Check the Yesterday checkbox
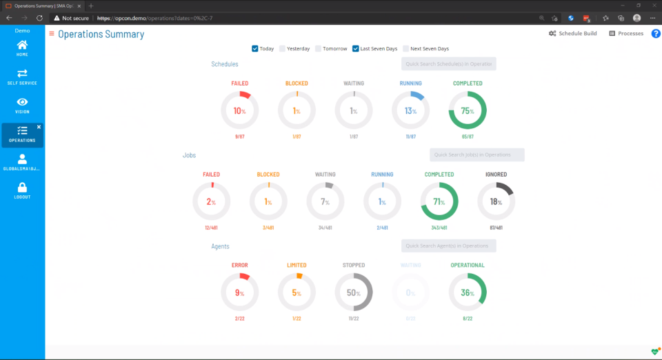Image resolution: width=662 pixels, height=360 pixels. click(x=283, y=49)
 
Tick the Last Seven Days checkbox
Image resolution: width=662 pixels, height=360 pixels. click(x=356, y=49)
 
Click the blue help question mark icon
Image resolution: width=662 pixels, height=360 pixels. click(x=656, y=33)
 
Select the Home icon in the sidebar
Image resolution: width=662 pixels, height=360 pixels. click(x=22, y=46)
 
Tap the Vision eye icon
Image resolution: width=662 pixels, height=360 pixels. click(x=22, y=103)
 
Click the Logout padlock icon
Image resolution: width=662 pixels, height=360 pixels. click(x=22, y=188)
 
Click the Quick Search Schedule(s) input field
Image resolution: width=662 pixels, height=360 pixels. click(x=448, y=64)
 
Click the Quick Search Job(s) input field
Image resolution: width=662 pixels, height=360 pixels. click(x=477, y=155)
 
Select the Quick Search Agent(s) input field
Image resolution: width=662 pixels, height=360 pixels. click(x=448, y=246)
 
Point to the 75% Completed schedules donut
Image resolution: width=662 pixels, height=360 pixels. click(x=468, y=111)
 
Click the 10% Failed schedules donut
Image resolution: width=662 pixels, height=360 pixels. click(x=239, y=111)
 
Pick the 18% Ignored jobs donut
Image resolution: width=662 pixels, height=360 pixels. click(x=496, y=202)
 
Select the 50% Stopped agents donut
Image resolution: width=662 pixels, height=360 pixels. click(x=354, y=292)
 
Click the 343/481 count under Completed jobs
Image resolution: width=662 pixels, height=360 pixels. click(x=439, y=228)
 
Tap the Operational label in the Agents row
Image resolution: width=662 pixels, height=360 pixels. click(x=468, y=265)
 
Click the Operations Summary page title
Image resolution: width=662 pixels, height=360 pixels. click(x=101, y=34)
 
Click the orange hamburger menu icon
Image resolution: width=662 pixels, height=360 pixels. click(x=52, y=34)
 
